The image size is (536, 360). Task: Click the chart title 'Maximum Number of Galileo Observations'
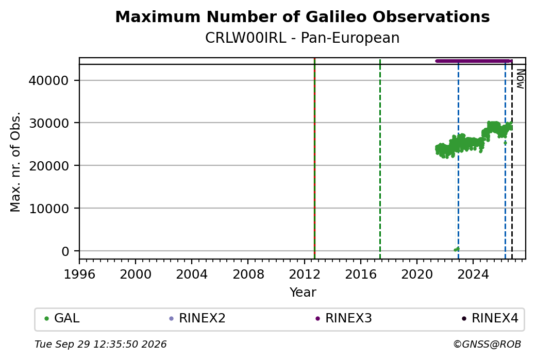pyautogui.click(x=303, y=16)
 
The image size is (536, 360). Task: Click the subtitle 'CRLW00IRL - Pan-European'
pyautogui.click(x=303, y=38)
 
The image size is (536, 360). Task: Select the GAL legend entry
pyautogui.click(x=62, y=318)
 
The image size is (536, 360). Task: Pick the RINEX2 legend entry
pyautogui.click(x=197, y=318)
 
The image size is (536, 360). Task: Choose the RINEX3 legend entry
pyautogui.click(x=344, y=318)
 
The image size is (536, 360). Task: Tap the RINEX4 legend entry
pyautogui.click(x=490, y=318)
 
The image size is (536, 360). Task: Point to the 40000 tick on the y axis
pyautogui.click(x=49, y=81)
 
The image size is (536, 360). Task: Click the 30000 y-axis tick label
pyautogui.click(x=49, y=123)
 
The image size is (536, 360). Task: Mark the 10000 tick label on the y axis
pyautogui.click(x=49, y=209)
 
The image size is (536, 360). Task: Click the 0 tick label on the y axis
pyautogui.click(x=65, y=251)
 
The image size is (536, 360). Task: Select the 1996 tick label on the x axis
pyautogui.click(x=79, y=275)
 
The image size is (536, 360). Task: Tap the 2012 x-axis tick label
pyautogui.click(x=304, y=275)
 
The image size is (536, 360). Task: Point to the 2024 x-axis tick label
pyautogui.click(x=473, y=275)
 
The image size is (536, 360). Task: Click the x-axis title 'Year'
pyautogui.click(x=303, y=293)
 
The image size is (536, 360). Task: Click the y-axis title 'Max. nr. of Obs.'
pyautogui.click(x=16, y=162)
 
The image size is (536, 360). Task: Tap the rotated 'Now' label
pyautogui.click(x=520, y=79)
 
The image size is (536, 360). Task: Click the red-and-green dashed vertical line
pyautogui.click(x=314, y=159)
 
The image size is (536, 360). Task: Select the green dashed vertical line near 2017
pyautogui.click(x=380, y=159)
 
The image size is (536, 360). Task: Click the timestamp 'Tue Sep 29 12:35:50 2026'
pyautogui.click(x=100, y=344)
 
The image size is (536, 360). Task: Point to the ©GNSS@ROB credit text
pyautogui.click(x=487, y=344)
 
